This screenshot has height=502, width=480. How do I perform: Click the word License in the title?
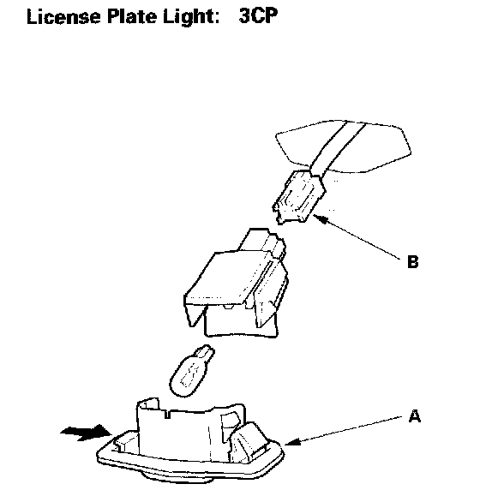pyautogui.click(x=63, y=16)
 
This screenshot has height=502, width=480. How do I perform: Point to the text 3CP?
pyautogui.click(x=258, y=16)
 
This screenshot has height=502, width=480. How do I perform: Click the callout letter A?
pyautogui.click(x=415, y=416)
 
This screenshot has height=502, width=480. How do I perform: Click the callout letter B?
pyautogui.click(x=412, y=261)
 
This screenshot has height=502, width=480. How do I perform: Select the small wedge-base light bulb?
pyautogui.click(x=191, y=371)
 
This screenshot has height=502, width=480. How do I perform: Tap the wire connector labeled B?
pyautogui.click(x=299, y=197)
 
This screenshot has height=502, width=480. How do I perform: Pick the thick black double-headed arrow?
pyautogui.click(x=86, y=433)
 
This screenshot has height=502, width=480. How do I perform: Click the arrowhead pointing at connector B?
pyautogui.click(x=321, y=219)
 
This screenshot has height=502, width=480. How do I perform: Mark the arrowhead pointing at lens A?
pyautogui.click(x=292, y=442)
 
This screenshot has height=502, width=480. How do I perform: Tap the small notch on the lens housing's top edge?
pyautogui.click(x=167, y=414)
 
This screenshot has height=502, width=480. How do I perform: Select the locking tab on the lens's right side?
pyautogui.click(x=249, y=439)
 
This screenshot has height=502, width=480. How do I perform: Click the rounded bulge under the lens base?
pyautogui.click(x=177, y=476)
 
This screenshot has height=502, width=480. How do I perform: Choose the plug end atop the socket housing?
pyautogui.click(x=262, y=241)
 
